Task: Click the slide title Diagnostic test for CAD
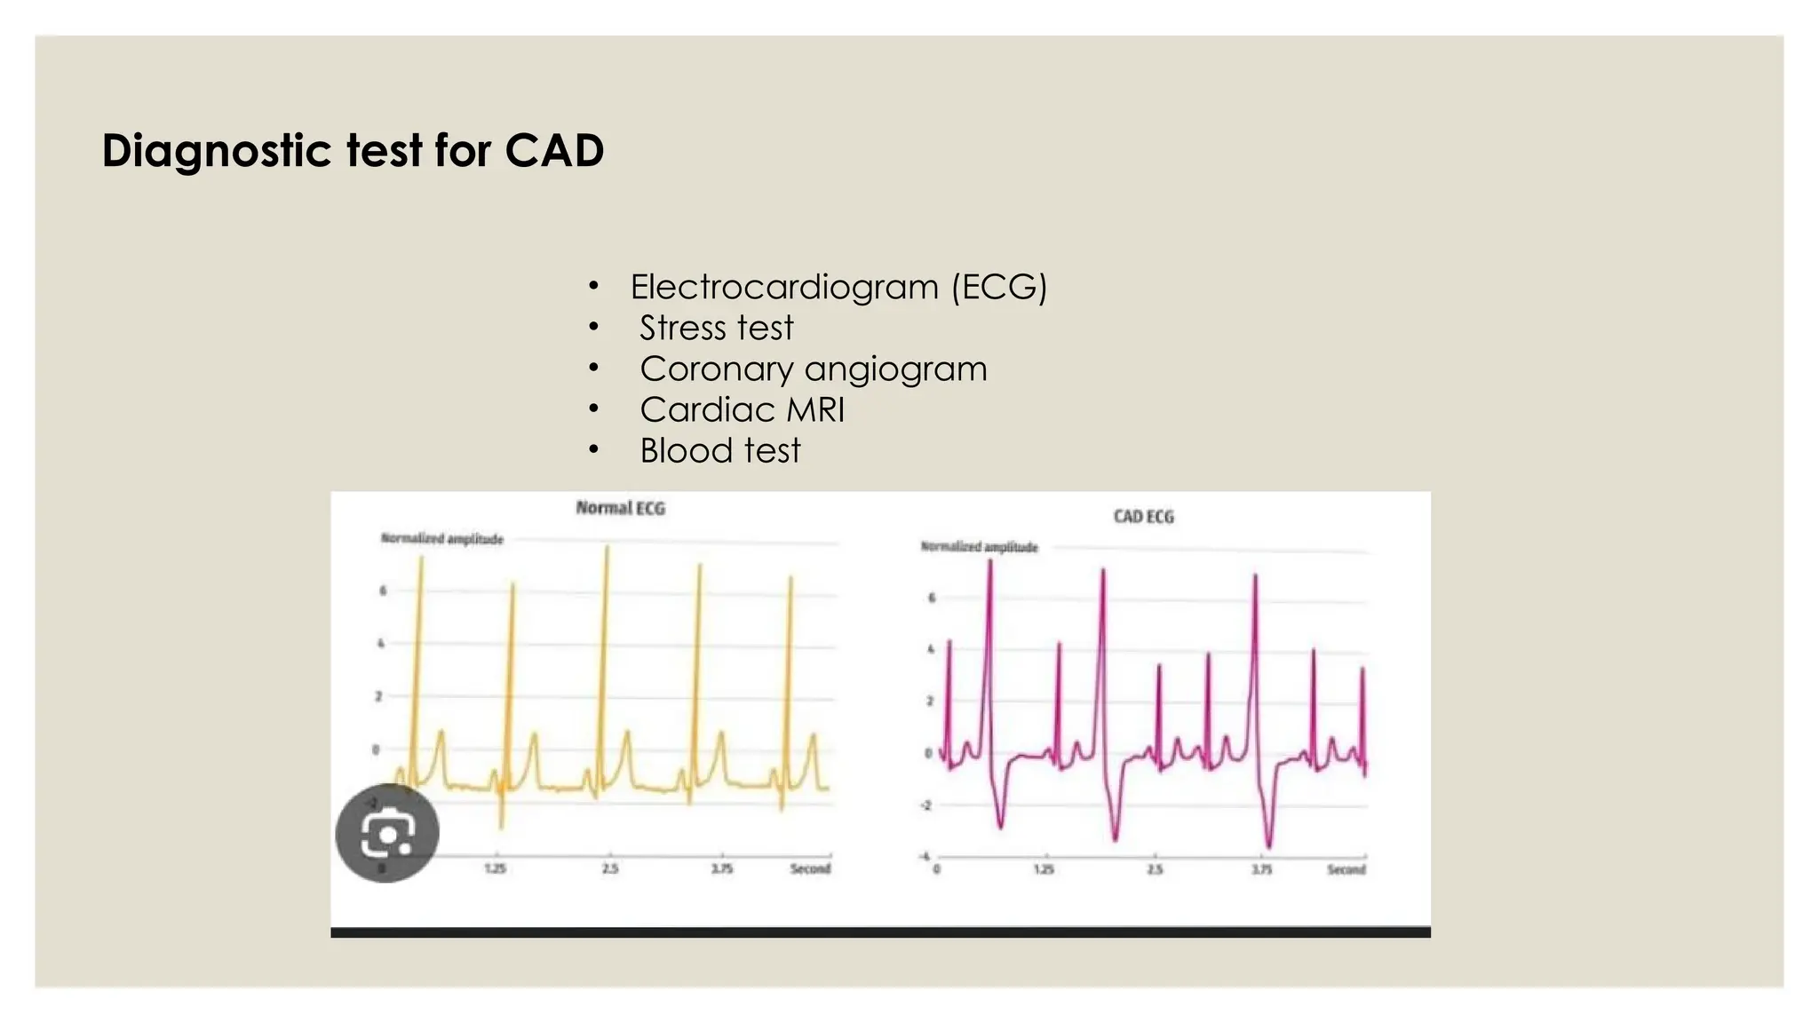coord(353,150)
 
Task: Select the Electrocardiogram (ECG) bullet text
coord(838,287)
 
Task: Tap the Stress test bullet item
coord(716,328)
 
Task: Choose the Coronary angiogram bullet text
coord(813,369)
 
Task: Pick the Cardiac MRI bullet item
coord(742,409)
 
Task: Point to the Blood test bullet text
coord(719,450)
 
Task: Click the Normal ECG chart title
coord(620,508)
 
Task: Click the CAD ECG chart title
coord(1143,517)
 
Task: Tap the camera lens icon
coord(387,833)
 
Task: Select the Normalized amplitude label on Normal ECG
coord(441,539)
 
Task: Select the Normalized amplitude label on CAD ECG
coord(979,547)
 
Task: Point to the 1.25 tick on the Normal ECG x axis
coord(495,868)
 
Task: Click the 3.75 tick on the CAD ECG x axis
coord(1261,869)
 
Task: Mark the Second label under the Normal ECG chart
coord(810,868)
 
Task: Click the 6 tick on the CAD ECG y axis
coord(931,598)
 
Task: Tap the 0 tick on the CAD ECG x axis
coord(936,869)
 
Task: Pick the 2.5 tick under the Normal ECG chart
coord(609,868)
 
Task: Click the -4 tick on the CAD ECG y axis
coord(925,857)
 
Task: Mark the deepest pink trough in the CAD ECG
coord(1268,845)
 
